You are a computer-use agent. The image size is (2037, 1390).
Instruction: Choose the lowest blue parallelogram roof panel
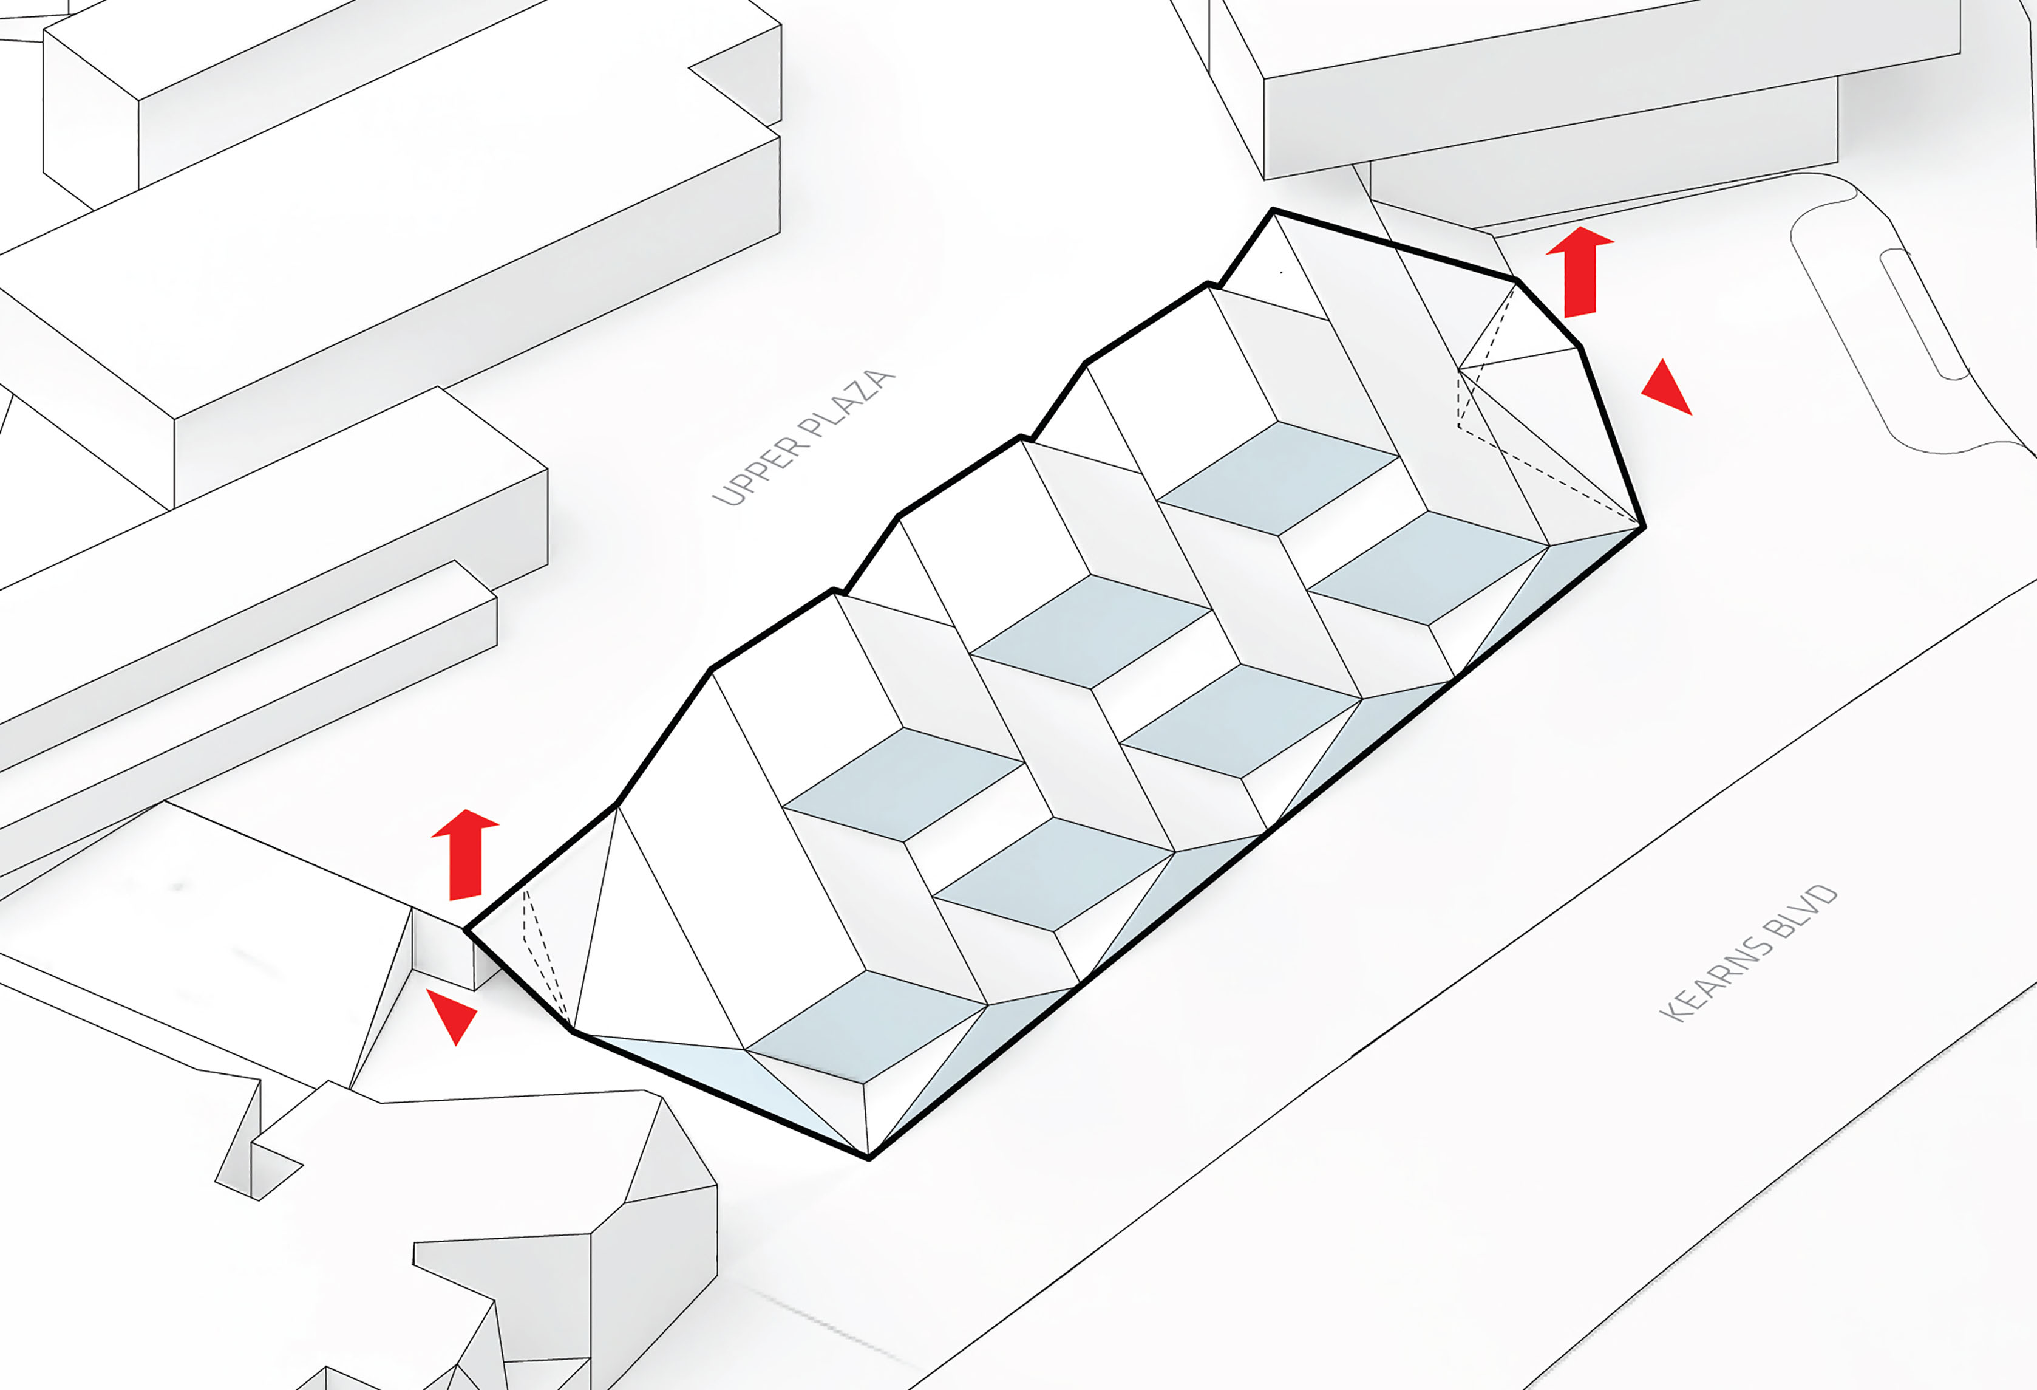coord(866,1026)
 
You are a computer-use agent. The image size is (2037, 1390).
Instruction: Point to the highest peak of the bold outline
coord(1273,210)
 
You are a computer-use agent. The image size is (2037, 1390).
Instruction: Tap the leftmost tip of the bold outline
coord(466,929)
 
